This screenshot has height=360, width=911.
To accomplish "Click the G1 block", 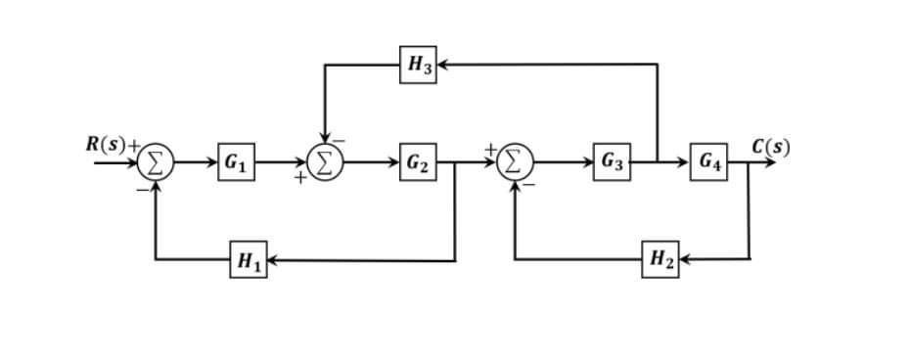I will (234, 159).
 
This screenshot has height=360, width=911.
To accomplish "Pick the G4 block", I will (709, 159).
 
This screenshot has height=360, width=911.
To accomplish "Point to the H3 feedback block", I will (417, 66).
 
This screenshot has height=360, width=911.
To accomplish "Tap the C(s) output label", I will (771, 147).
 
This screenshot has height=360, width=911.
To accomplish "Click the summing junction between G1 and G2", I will (324, 159).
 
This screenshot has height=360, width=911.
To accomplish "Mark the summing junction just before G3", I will (517, 159).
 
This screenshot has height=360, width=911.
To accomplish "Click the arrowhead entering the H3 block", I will (440, 66).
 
